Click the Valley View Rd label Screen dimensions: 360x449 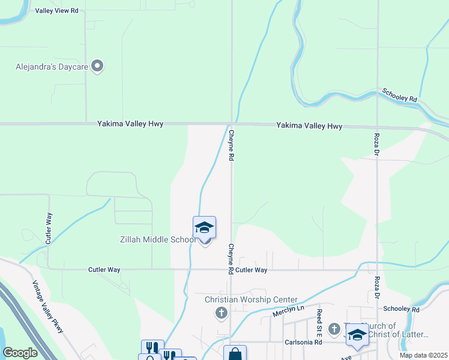tap(57, 11)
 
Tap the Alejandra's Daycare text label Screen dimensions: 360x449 tap(52, 67)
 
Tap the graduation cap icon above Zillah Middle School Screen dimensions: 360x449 tap(204, 228)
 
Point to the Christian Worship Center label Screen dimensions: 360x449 tap(251, 299)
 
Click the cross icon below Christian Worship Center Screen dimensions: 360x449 tap(221, 313)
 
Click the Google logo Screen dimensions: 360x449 tap(20, 353)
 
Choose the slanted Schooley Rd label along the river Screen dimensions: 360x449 tap(400, 95)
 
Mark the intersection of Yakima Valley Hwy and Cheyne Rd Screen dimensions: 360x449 tap(232, 124)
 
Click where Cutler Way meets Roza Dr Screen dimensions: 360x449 tap(377, 269)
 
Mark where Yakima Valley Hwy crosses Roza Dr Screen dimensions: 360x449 tap(377, 127)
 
